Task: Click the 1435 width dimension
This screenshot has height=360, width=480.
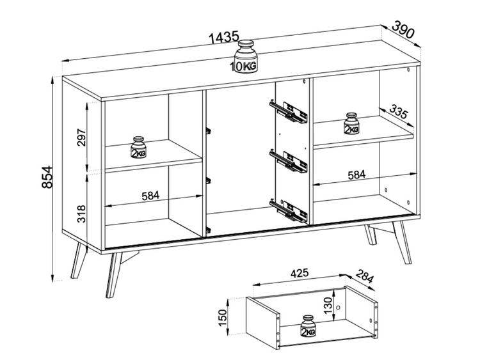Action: (x=224, y=37)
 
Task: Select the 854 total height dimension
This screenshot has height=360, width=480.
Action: (x=47, y=177)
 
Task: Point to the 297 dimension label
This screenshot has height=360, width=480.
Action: (x=82, y=137)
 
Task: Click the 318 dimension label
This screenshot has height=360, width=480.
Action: (x=81, y=214)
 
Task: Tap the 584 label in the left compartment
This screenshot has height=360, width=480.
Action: (x=150, y=196)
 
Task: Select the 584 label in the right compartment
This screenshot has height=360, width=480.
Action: (x=356, y=175)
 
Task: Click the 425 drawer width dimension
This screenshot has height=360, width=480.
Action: (x=299, y=273)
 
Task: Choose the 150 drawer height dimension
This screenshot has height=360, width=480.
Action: (x=223, y=318)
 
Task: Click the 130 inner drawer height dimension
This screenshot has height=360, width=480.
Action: (x=327, y=305)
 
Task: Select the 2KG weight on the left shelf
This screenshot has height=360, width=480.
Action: (x=138, y=148)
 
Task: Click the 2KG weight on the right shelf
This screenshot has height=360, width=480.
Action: (x=351, y=123)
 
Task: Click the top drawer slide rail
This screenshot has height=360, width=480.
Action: (x=289, y=112)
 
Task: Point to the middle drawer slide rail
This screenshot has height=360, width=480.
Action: (x=289, y=161)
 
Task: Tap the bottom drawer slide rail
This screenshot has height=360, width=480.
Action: (x=289, y=211)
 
